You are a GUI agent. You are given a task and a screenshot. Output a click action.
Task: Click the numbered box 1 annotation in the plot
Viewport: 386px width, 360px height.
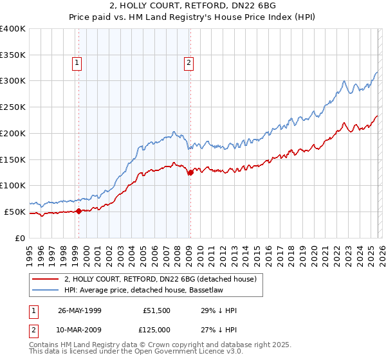click(x=77, y=62)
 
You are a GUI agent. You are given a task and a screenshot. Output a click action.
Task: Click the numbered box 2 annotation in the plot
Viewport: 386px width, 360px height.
click(x=188, y=62)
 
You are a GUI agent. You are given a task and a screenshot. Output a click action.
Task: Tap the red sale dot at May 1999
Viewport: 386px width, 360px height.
click(x=79, y=210)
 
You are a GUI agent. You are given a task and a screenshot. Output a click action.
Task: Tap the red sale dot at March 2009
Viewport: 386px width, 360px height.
click(x=190, y=172)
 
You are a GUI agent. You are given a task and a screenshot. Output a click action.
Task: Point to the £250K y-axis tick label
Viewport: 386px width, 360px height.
click(x=13, y=107)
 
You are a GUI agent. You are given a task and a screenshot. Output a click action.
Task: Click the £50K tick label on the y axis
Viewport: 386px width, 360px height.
click(x=15, y=212)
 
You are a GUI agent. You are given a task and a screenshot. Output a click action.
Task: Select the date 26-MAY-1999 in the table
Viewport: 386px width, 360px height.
click(x=79, y=310)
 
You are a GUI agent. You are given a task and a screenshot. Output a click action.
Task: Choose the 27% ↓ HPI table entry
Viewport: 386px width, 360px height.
click(x=219, y=330)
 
